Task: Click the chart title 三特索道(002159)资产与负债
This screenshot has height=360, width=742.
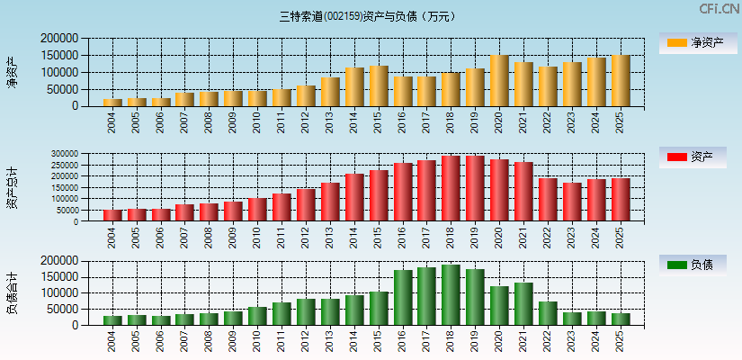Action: point(368,16)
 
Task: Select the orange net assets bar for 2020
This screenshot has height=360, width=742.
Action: point(500,81)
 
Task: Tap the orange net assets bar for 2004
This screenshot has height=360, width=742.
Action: point(112,102)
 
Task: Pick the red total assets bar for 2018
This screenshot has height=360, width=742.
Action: point(451,189)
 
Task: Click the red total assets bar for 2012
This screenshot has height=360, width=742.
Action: point(306,204)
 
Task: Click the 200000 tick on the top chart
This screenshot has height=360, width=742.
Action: point(60,39)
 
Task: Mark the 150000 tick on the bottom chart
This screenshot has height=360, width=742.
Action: point(60,277)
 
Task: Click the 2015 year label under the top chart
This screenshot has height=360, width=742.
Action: point(379,122)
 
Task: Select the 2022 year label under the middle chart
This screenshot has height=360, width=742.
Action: point(548,238)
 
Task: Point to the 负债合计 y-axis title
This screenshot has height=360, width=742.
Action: point(13,292)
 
